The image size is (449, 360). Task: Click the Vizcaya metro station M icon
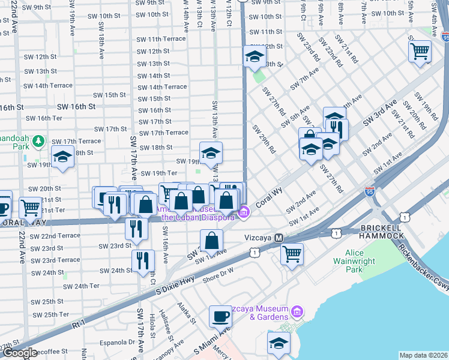pos(279,238)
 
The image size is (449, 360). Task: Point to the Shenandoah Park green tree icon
pos(39,141)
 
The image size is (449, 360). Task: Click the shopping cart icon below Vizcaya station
pos(292,253)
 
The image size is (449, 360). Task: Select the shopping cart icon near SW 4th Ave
pos(420,50)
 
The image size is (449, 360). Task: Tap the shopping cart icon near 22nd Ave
pos(30,208)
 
